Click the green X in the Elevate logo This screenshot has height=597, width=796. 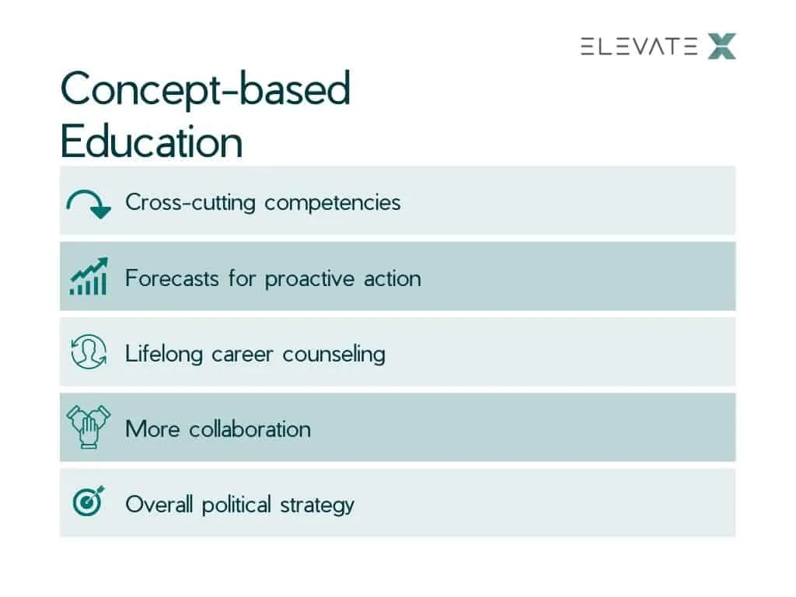721,47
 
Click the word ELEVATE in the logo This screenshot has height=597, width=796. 639,47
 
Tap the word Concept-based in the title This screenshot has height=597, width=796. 205,89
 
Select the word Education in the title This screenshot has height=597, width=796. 152,141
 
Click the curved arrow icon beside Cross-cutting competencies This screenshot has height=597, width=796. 88,203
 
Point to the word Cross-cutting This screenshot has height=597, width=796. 190,202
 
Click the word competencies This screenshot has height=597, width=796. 333,204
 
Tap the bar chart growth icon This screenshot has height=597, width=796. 89,276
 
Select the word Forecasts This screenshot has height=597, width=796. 172,278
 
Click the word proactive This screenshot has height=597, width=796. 309,279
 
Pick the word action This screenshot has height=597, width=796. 393,279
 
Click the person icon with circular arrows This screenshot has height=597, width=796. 89,351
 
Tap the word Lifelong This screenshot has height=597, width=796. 164,354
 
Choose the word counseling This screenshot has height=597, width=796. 333,354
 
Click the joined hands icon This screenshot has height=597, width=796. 89,427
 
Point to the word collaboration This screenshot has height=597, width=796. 250,429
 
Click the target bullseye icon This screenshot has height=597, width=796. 89,501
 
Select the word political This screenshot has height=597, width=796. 236,505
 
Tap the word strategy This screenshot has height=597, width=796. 317,505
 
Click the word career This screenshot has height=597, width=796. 243,354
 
